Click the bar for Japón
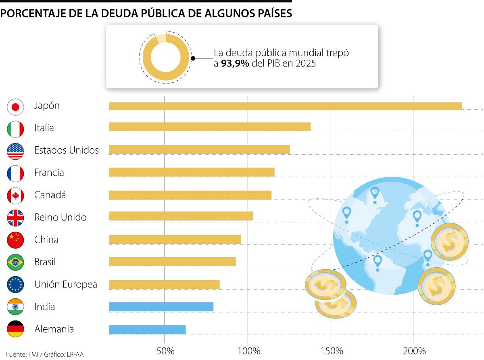click(x=286, y=106)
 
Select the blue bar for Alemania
click(x=147, y=330)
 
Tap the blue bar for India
click(x=161, y=307)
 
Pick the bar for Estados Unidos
click(x=199, y=149)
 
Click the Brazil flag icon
click(x=15, y=262)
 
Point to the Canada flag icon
click(x=15, y=196)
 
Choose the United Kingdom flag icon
click(x=15, y=218)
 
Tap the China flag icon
click(x=15, y=240)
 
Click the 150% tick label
click(x=330, y=350)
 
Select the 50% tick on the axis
click(x=165, y=350)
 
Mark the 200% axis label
click(x=414, y=350)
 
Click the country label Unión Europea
click(x=66, y=284)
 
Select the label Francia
click(x=49, y=173)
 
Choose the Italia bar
click(x=210, y=127)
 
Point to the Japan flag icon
click(x=15, y=106)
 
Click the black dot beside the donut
click(x=193, y=58)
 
